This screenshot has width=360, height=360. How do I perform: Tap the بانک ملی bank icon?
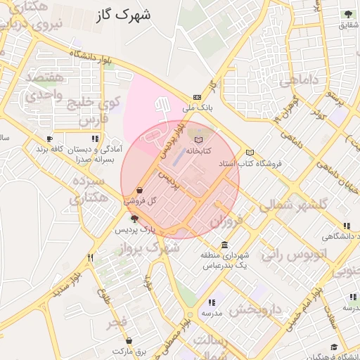pos(197,98)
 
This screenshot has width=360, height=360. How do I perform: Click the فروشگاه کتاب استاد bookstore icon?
pos(250,153)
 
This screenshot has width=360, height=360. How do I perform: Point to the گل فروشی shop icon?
pos(140,190)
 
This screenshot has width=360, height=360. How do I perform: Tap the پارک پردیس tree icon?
pos(134,219)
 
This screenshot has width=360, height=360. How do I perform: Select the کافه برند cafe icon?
pos(49,139)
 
